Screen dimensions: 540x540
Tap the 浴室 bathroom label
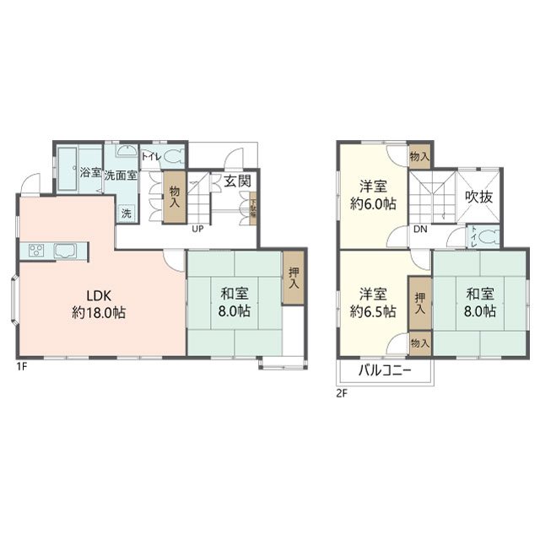pos(90,172)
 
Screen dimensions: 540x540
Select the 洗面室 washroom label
pos(121,172)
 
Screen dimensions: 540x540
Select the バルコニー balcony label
pos(385,370)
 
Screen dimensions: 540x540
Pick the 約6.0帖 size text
pos(374,204)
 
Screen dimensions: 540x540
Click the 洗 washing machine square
pos(126,213)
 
